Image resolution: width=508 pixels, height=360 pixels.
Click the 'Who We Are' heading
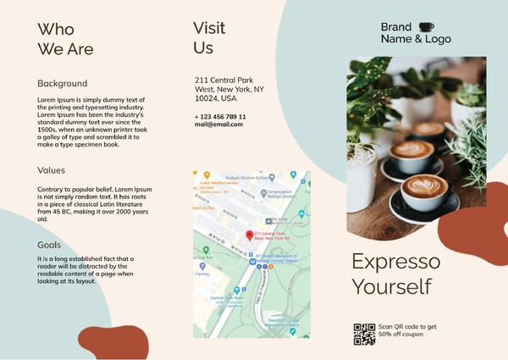(65, 39)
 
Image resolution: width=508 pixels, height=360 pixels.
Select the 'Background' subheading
(62, 83)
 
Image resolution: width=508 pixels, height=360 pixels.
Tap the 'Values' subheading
(51, 169)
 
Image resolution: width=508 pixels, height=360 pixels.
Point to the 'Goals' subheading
(49, 245)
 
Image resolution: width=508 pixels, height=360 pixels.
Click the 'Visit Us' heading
(208, 37)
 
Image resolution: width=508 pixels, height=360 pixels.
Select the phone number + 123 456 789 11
(220, 116)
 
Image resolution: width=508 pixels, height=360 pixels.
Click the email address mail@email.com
(218, 125)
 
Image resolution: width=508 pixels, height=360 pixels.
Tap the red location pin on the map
(249, 235)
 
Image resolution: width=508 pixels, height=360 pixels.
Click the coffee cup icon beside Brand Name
(425, 26)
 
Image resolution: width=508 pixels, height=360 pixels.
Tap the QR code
(364, 334)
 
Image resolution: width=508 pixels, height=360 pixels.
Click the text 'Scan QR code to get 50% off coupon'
(407, 330)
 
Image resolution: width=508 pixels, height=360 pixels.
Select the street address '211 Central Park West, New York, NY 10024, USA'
(229, 88)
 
